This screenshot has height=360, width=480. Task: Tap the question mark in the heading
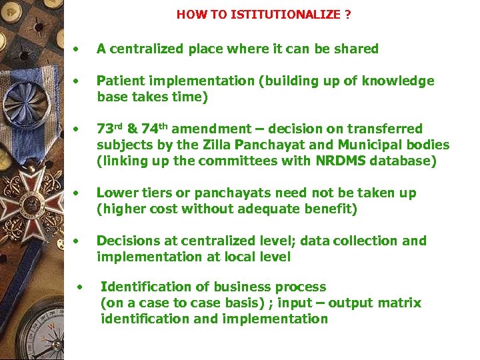pos(348,14)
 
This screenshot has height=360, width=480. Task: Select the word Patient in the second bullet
pos(118,81)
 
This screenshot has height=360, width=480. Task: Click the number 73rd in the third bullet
pos(111,129)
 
